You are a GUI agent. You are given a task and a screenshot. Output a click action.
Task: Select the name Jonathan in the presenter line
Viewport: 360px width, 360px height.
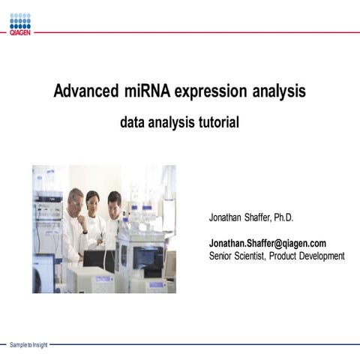[x=228, y=218]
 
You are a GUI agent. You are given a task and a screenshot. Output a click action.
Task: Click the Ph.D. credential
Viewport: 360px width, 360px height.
[x=280, y=218]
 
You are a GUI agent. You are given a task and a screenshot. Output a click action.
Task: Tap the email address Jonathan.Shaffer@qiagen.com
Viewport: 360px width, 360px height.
[x=267, y=244]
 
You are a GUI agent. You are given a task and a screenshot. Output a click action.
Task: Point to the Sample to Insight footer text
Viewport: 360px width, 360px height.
[x=28, y=344]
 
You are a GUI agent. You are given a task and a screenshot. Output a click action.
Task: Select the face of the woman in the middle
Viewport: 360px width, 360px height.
[x=93, y=199]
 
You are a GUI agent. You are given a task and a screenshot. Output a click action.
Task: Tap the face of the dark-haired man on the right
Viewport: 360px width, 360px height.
[x=114, y=201]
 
